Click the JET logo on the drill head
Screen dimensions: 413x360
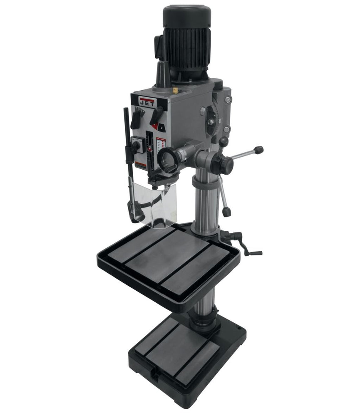click(x=146, y=102)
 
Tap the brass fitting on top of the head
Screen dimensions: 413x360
click(x=175, y=90)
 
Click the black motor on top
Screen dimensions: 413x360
click(x=186, y=42)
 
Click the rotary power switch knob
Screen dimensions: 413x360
click(x=136, y=145)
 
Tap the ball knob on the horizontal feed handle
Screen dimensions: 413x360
click(x=258, y=150)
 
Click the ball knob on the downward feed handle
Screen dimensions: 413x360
click(x=226, y=212)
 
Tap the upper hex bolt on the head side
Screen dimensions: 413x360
click(x=227, y=100)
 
